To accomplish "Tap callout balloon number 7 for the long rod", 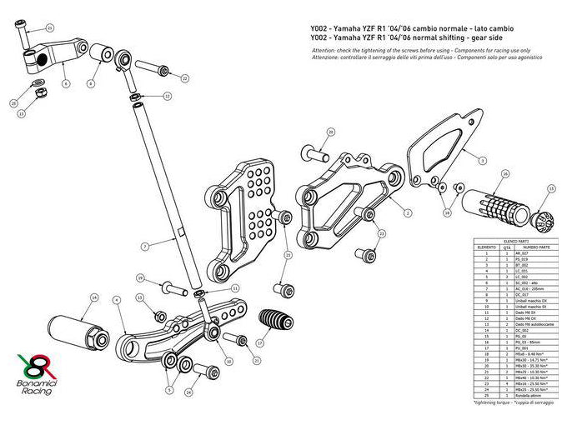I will coord(145,247).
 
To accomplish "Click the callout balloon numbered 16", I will coord(505,174).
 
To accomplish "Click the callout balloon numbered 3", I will coord(481,158).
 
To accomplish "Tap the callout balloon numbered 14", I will coord(94,297).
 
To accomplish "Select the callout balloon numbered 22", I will coord(184,78).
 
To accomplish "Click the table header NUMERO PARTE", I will coord(529,247).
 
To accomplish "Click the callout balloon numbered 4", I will coord(117,299).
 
